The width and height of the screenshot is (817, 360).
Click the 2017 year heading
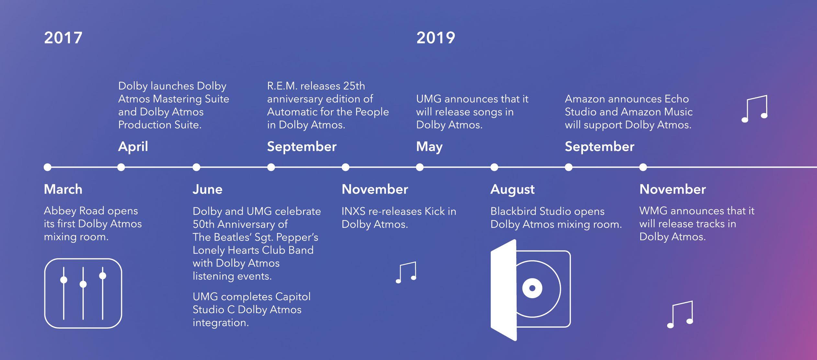pos(63,38)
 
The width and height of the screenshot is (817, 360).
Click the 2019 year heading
pos(436,38)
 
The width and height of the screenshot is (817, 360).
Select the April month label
pos(133,147)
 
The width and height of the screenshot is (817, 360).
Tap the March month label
pos(63,189)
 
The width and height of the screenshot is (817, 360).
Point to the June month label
pos(207,189)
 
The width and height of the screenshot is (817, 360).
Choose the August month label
pos(512,190)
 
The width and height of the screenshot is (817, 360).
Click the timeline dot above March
pos(48,167)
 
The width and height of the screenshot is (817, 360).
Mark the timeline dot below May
pos(420,167)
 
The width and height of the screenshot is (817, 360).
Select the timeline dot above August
pos(494,167)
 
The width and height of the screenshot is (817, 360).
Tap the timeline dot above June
pos(196,167)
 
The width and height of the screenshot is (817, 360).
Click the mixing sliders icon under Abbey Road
pos(83,293)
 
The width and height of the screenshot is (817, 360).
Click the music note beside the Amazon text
pos(755,109)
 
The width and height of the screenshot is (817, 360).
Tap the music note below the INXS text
pos(406,273)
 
